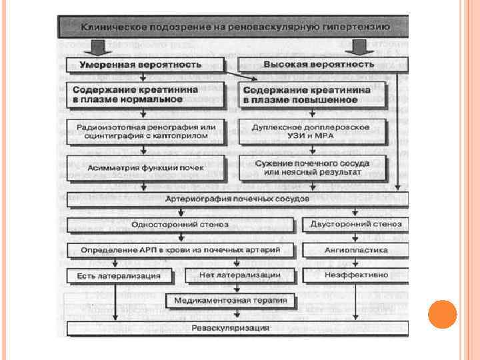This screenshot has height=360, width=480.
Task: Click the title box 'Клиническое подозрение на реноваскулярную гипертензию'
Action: click(x=233, y=27)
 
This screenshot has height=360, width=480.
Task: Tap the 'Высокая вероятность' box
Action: click(x=319, y=65)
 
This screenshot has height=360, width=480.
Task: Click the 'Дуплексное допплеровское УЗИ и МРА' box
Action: click(x=312, y=131)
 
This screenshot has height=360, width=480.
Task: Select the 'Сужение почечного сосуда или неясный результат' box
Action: click(x=312, y=167)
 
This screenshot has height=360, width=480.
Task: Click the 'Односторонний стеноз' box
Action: click(x=180, y=225)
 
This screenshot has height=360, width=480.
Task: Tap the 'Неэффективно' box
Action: click(x=355, y=275)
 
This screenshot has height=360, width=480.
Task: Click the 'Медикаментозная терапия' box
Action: click(x=231, y=301)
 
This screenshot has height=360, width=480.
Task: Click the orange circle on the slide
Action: click(x=442, y=314)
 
